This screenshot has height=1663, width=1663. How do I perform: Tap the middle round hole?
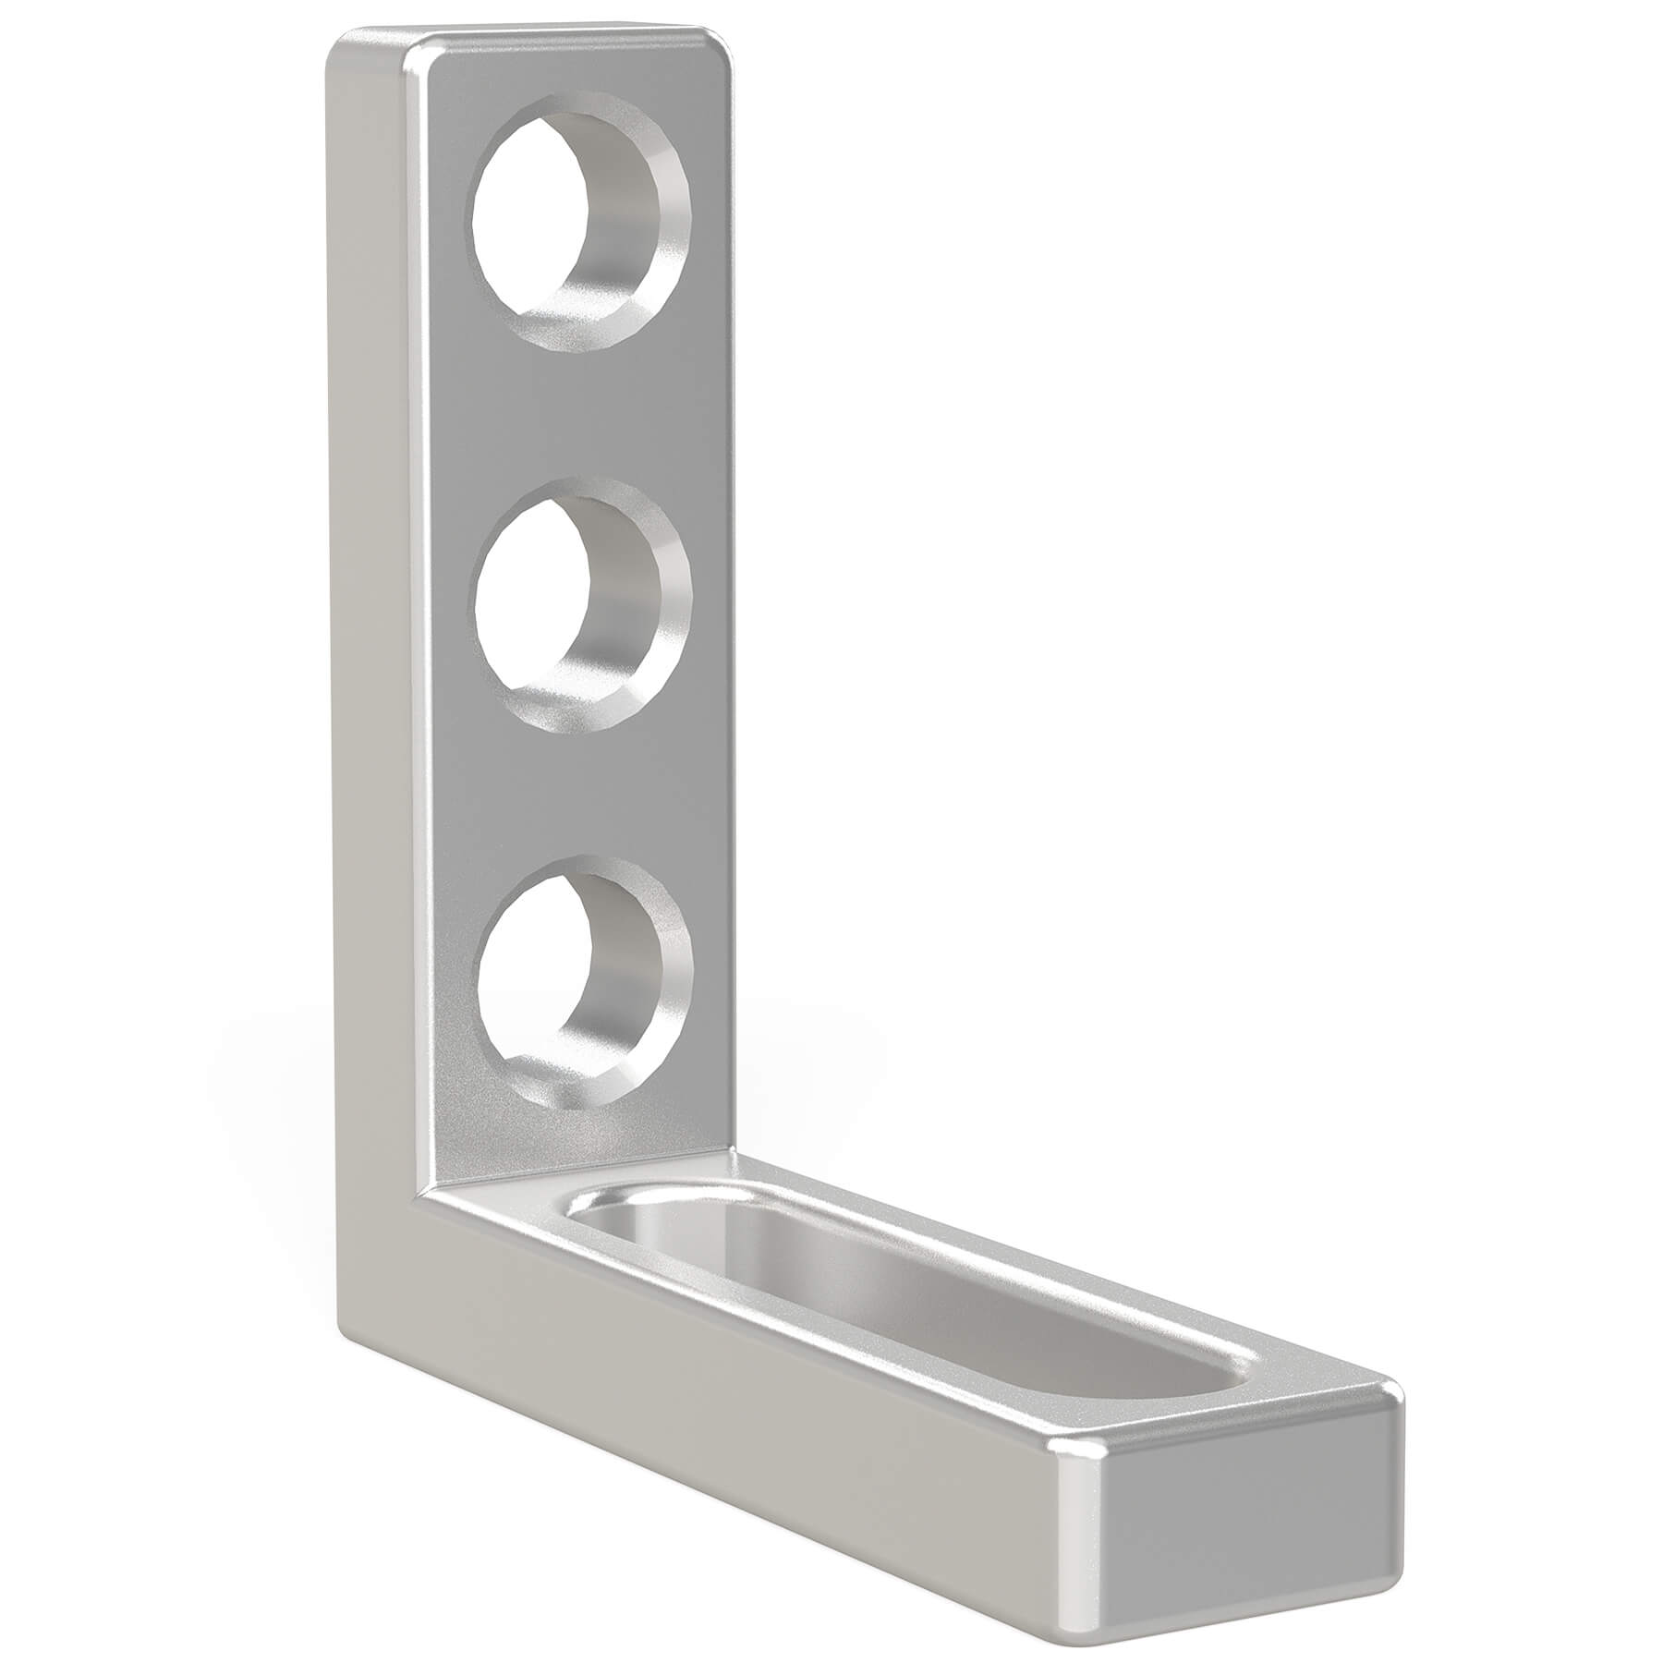click(x=580, y=605)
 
